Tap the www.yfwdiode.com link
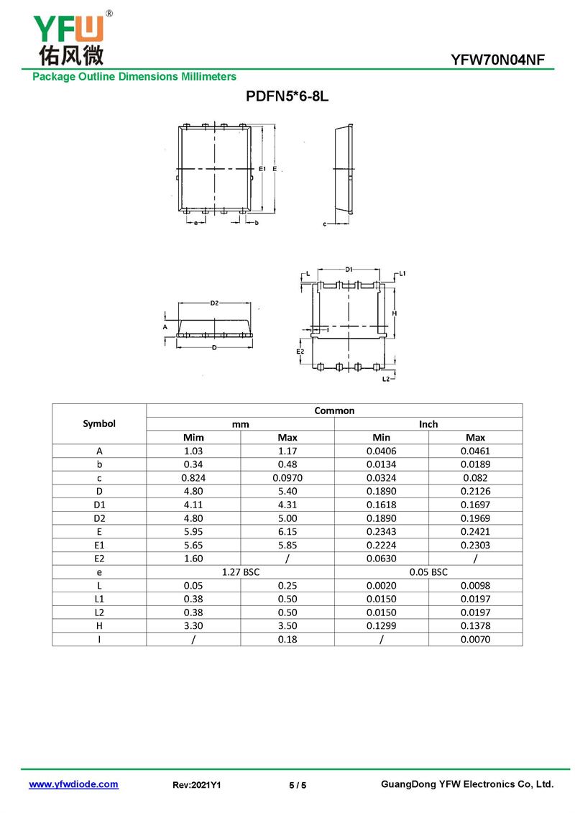(x=73, y=784)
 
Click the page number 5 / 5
(x=298, y=785)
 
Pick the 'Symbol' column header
(x=99, y=423)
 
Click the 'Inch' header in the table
(x=428, y=424)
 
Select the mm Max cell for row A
(x=287, y=451)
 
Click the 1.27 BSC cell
(x=240, y=571)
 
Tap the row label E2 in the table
(x=99, y=559)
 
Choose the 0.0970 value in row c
(x=287, y=478)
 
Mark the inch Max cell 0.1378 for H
(x=475, y=625)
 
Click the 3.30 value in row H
(x=193, y=625)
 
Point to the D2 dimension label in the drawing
(x=214, y=303)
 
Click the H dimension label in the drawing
(x=395, y=314)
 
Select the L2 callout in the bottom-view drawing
(x=386, y=378)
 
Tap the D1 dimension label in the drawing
(x=349, y=270)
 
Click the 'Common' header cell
(x=334, y=410)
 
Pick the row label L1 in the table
(x=99, y=599)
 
